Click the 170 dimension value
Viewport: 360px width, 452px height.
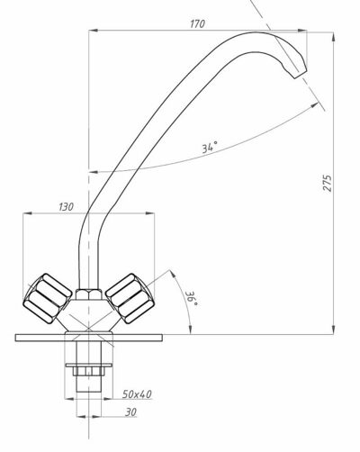[197, 23]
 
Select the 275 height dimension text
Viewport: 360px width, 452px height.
[328, 183]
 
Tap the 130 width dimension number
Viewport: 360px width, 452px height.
[66, 206]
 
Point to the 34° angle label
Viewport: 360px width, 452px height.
[209, 148]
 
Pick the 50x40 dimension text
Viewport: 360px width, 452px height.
[137, 394]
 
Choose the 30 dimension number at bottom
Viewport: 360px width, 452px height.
[130, 412]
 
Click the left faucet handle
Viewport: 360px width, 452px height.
[48, 298]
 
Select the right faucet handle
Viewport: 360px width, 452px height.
[130, 298]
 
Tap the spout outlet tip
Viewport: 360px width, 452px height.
[301, 75]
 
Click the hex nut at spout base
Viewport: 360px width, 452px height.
[88, 294]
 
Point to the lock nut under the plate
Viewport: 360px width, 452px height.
[89, 371]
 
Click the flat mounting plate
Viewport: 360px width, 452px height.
[89, 338]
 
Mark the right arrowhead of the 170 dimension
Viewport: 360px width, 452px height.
[302, 31]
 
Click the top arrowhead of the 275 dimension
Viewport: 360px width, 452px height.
[334, 37]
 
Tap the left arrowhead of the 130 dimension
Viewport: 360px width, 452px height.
[28, 213]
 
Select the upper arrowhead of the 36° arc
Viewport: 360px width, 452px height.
[173, 274]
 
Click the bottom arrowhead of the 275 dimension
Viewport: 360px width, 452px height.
[334, 330]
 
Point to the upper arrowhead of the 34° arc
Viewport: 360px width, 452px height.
[314, 105]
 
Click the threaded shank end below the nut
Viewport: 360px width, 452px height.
[88, 384]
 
